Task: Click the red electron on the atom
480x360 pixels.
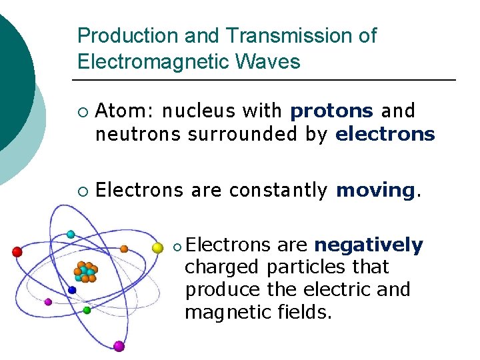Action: tap(17, 251)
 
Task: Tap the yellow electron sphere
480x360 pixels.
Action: tap(157, 248)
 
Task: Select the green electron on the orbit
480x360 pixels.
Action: tap(87, 310)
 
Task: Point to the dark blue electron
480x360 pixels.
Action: tap(72, 290)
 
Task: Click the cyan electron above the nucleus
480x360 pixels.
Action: tap(71, 234)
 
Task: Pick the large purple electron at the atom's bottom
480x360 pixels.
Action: tap(119, 346)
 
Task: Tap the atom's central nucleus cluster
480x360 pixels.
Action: tap(85, 271)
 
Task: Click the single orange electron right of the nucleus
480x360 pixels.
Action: tap(124, 249)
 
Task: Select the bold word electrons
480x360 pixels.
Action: tap(385, 135)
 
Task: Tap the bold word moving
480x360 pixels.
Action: tap(376, 191)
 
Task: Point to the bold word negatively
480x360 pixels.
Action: tap(369, 245)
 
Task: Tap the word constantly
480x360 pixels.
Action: tap(278, 191)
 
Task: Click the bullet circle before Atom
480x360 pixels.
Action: tap(81, 111)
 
